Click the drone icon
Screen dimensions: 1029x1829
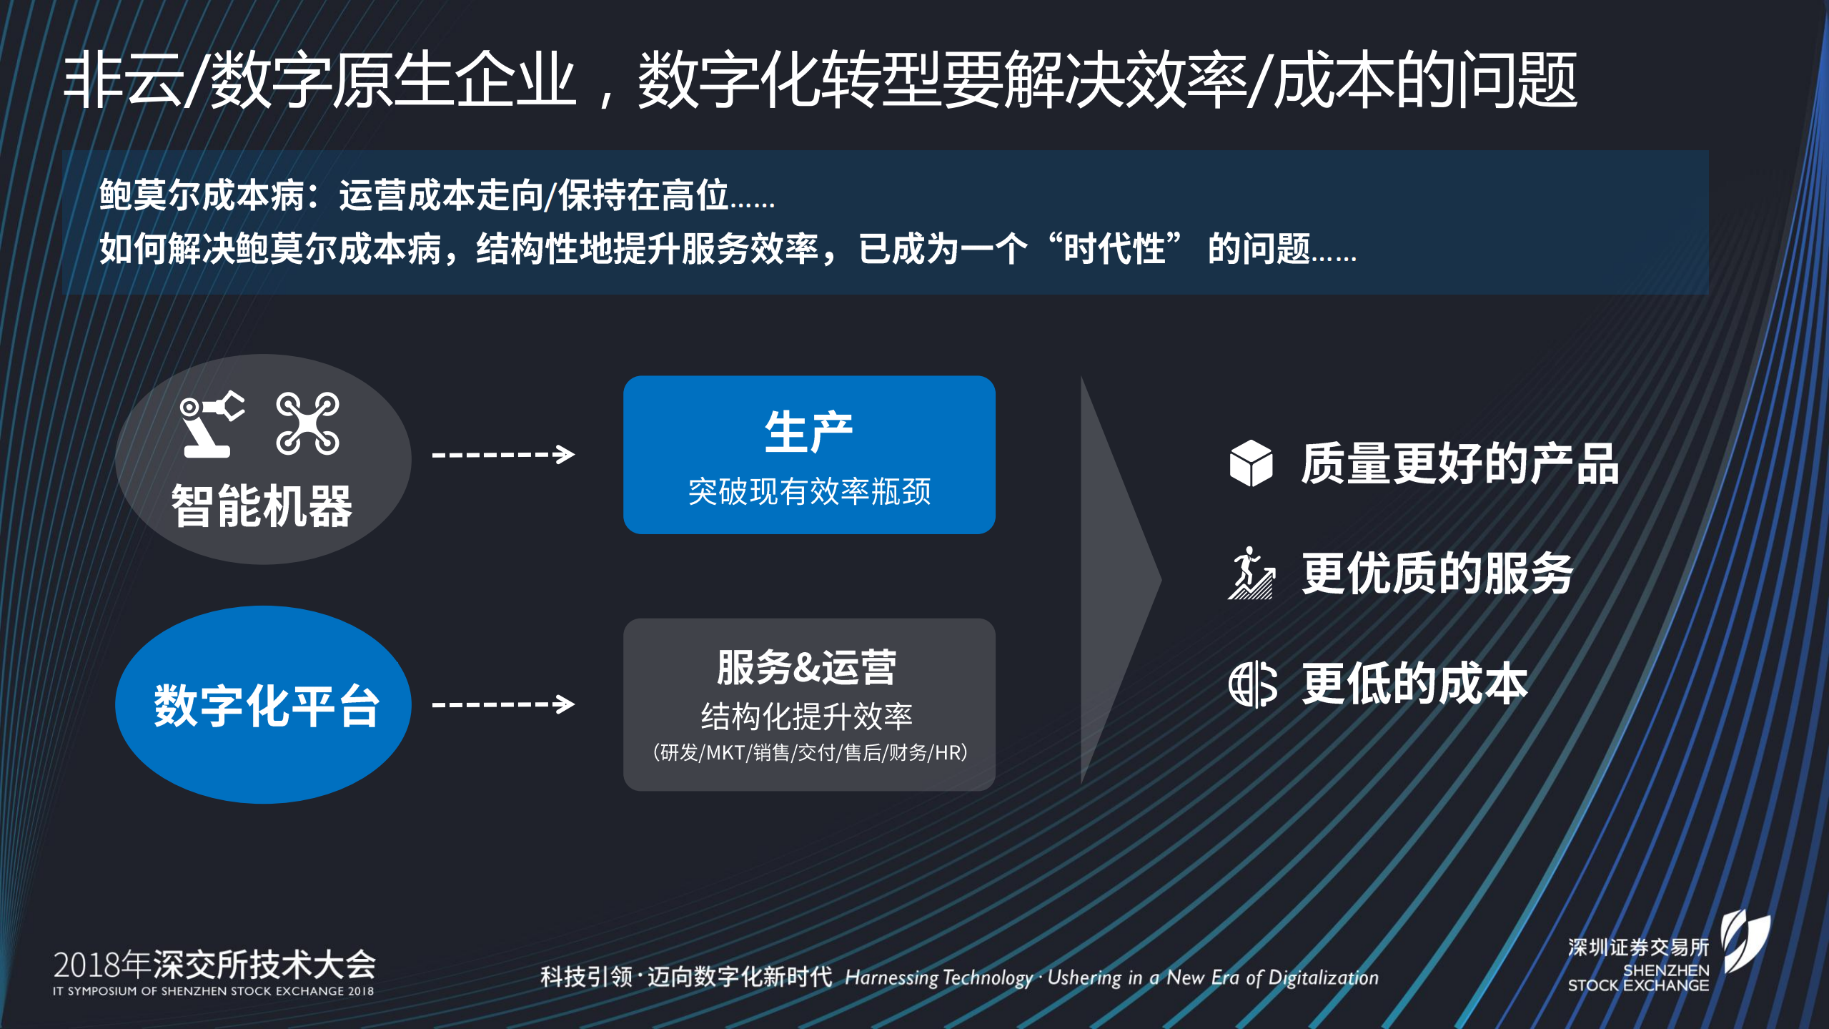(x=307, y=423)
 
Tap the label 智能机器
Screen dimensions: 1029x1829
(x=262, y=506)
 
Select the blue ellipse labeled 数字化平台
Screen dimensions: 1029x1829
(x=263, y=704)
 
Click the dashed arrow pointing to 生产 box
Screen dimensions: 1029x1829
(x=503, y=454)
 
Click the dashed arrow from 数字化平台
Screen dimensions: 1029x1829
(x=503, y=704)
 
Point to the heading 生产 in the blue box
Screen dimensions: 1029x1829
(x=808, y=432)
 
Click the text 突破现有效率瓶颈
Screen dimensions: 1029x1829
(x=809, y=491)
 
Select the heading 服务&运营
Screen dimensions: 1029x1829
(x=807, y=667)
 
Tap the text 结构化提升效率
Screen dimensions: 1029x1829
(x=807, y=717)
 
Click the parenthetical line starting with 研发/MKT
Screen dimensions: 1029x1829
(x=809, y=752)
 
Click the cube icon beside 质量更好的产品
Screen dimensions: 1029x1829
(x=1251, y=463)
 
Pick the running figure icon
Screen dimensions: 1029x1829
(x=1251, y=573)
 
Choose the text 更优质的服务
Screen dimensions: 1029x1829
(x=1437, y=573)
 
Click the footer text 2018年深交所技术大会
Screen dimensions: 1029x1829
(x=214, y=965)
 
